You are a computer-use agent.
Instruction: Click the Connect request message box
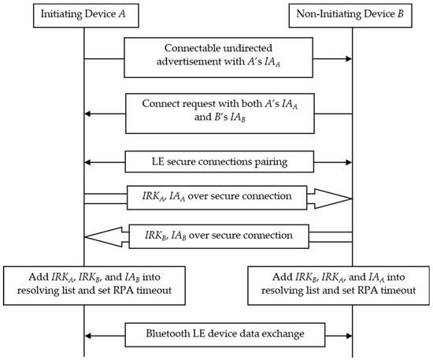pyautogui.click(x=216, y=113)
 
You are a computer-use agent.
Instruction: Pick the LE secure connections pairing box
pyautogui.click(x=217, y=161)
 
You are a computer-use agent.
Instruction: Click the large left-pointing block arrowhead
pyautogui.click(x=103, y=235)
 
